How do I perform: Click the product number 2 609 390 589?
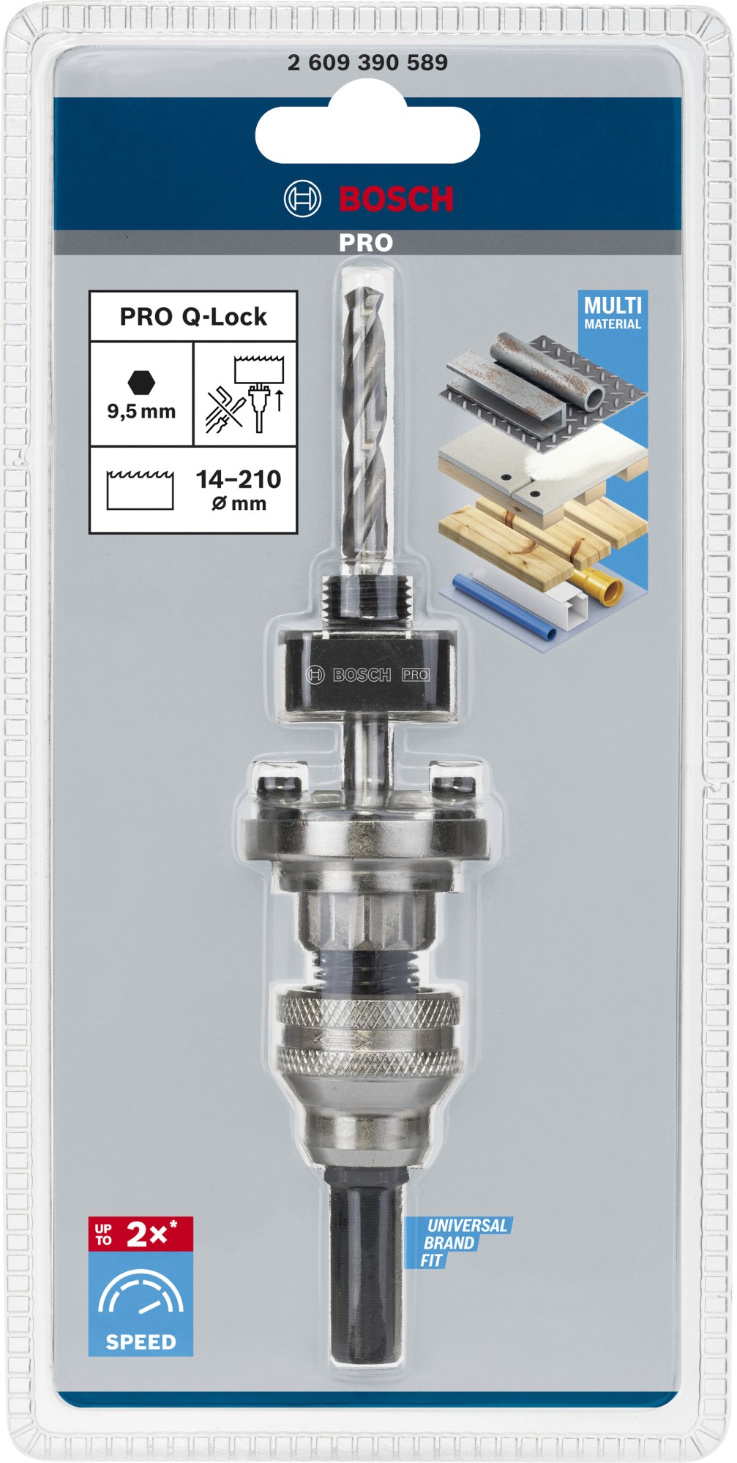pyautogui.click(x=367, y=63)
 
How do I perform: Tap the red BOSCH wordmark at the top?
pyautogui.click(x=396, y=199)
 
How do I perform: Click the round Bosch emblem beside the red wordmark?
pyautogui.click(x=302, y=198)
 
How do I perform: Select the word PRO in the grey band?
pyautogui.click(x=366, y=243)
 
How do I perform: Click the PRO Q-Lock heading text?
pyautogui.click(x=193, y=317)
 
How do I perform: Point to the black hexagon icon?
pyautogui.click(x=141, y=382)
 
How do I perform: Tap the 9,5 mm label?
pyautogui.click(x=141, y=411)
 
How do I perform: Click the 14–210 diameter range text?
pyautogui.click(x=239, y=480)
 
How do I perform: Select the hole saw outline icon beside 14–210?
pyautogui.click(x=140, y=489)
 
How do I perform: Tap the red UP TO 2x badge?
pyautogui.click(x=141, y=1234)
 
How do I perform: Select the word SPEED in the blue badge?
pyautogui.click(x=141, y=1342)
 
